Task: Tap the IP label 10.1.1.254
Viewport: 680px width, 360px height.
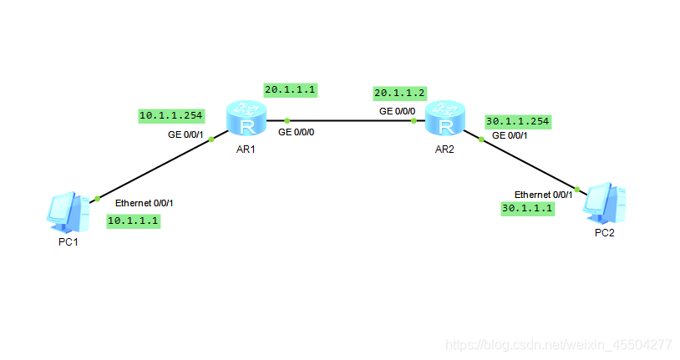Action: pos(170,115)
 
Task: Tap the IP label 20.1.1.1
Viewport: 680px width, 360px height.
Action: pos(292,89)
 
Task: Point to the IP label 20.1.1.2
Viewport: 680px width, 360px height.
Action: pos(399,93)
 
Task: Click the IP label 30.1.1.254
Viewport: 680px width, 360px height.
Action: pos(517,121)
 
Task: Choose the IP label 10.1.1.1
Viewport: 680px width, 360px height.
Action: pos(133,221)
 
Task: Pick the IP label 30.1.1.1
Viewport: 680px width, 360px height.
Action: pos(527,208)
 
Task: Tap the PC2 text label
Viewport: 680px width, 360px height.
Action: pos(604,233)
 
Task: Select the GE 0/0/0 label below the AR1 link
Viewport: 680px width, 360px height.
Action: pos(297,132)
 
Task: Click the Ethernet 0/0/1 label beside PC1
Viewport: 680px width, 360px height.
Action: pos(144,202)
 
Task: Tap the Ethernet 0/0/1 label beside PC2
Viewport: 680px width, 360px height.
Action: pos(543,194)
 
